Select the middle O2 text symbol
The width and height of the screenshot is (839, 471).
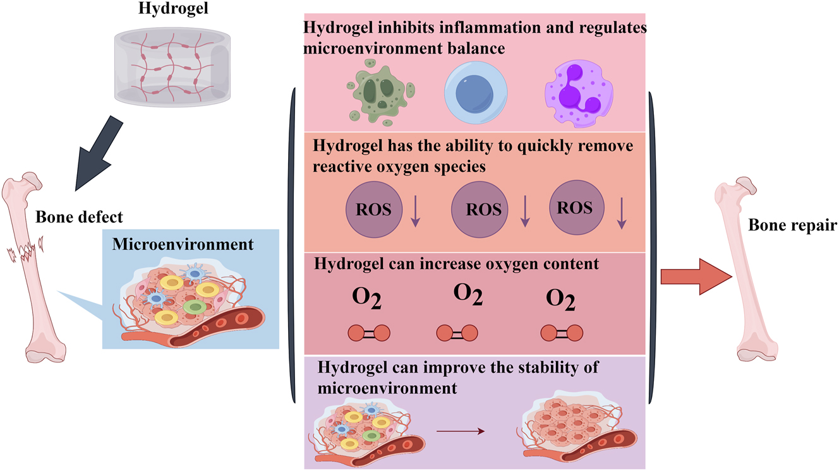click(x=468, y=295)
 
